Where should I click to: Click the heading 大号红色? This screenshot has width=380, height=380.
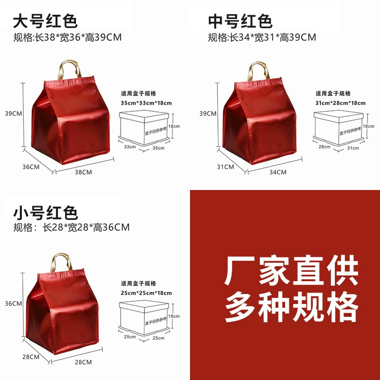click(45, 21)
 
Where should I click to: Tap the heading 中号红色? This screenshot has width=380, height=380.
click(240, 21)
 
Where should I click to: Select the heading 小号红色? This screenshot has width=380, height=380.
click(45, 212)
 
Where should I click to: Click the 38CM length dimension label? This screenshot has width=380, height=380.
click(83, 172)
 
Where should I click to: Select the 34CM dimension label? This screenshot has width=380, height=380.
click(278, 172)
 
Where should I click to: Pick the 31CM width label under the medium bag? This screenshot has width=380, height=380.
click(225, 167)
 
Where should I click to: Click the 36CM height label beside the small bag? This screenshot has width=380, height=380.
click(13, 304)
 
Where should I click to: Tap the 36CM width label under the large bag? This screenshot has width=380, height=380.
click(31, 167)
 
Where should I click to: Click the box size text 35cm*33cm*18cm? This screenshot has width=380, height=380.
click(146, 103)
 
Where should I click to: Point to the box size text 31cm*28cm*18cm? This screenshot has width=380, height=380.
click(341, 103)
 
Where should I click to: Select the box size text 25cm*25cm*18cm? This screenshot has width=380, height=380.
click(146, 293)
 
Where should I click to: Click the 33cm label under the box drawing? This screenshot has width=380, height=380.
click(130, 147)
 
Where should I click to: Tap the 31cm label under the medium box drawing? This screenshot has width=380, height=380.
click(353, 148)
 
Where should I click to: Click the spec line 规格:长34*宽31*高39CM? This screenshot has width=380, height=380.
click(262, 38)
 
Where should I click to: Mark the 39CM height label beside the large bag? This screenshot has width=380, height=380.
click(13, 114)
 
